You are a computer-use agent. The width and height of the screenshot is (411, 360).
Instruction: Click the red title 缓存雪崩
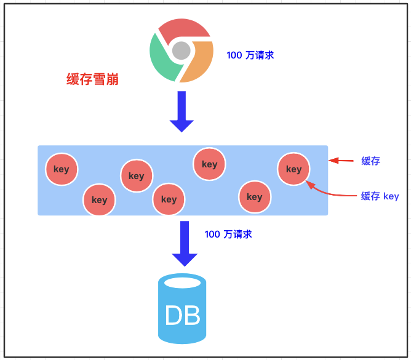click(93, 79)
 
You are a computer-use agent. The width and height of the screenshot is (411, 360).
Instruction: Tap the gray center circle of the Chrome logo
click(181, 50)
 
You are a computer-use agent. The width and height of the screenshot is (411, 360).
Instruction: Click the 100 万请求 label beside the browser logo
click(250, 55)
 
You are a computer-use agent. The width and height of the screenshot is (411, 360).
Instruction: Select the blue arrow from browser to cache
click(182, 111)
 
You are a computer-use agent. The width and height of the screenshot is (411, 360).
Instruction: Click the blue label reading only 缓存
click(370, 161)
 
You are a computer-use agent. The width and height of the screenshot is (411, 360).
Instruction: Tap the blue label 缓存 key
click(380, 196)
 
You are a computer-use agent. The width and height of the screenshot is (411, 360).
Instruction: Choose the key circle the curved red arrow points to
click(293, 169)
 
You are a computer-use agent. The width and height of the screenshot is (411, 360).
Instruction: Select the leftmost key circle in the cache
click(62, 169)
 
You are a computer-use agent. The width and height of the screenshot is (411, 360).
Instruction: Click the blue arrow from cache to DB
click(184, 244)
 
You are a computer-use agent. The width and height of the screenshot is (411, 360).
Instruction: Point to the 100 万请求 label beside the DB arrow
click(228, 234)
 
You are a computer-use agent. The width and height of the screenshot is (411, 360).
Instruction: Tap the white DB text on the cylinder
click(183, 316)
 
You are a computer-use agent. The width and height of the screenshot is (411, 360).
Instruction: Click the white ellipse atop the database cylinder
click(183, 282)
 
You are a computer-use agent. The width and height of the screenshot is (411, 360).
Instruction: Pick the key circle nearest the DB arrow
click(169, 199)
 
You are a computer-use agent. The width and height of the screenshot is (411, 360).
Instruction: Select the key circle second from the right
click(254, 197)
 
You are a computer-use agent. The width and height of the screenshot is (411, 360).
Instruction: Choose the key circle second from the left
click(99, 199)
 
